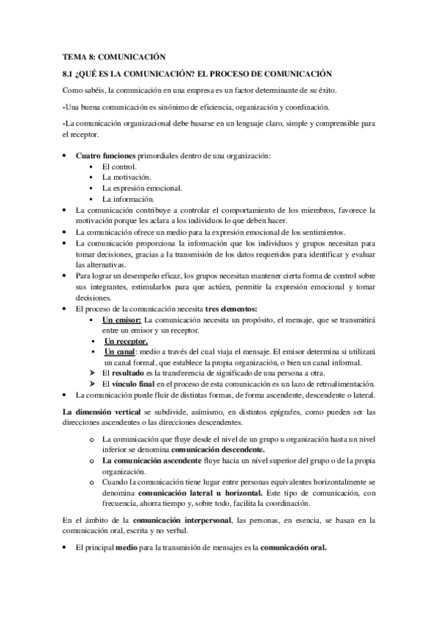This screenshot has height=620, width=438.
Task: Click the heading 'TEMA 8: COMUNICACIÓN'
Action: pyautogui.click(x=115, y=56)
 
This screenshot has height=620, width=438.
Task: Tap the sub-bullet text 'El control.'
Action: pyautogui.click(x=119, y=167)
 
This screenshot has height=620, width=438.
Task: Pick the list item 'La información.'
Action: pyautogui.click(x=129, y=199)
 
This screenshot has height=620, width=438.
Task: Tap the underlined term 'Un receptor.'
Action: pyautogui.click(x=126, y=341)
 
